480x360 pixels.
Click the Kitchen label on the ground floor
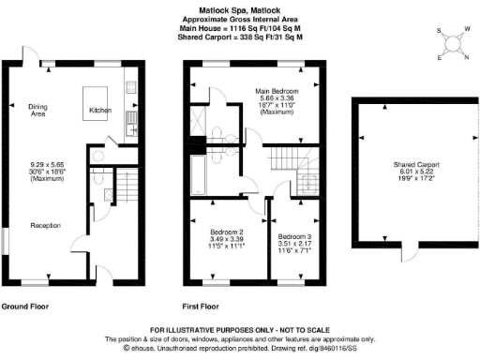pos(100,111)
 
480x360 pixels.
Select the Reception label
pos(46,225)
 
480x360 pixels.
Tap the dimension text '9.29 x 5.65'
pos(46,166)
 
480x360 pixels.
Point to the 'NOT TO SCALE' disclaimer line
pos(239,329)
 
